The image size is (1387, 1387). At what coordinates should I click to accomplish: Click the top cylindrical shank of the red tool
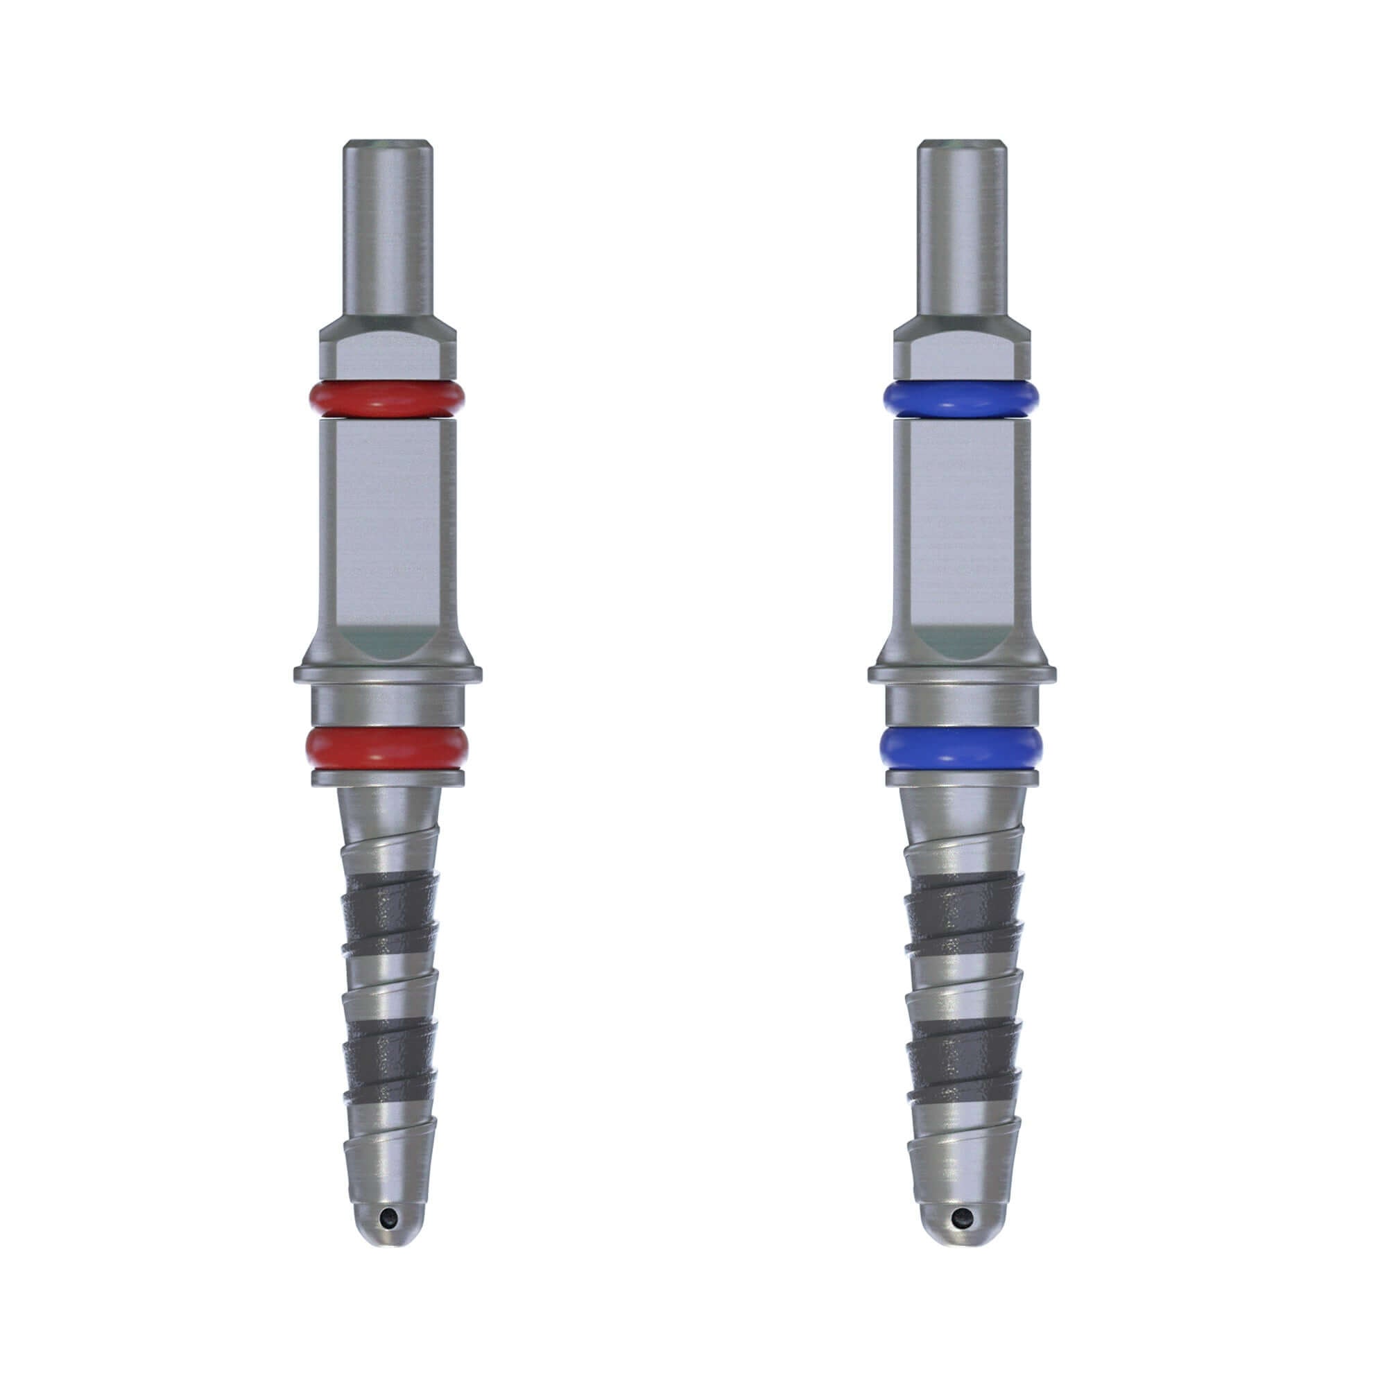click(388, 230)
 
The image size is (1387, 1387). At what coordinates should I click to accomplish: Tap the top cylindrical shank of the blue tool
click(962, 230)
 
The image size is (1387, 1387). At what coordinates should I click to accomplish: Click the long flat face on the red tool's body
click(388, 524)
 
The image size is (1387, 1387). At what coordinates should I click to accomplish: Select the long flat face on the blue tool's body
click(962, 524)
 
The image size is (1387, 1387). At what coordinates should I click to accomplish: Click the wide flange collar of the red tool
click(388, 675)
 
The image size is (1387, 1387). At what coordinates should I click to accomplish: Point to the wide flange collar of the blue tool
click(962, 675)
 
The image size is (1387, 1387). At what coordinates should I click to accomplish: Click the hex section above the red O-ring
click(388, 352)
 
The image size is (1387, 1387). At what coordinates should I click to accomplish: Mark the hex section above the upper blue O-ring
click(962, 352)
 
